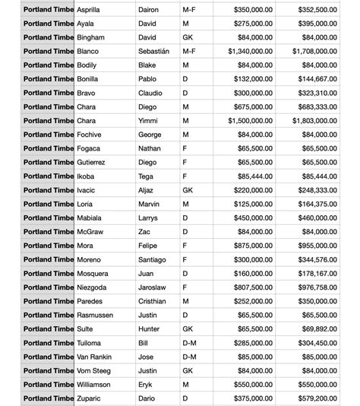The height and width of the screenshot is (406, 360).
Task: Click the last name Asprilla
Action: [93, 10]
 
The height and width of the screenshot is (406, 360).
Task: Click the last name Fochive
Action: [92, 135]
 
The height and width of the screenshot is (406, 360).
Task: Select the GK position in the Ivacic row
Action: [188, 190]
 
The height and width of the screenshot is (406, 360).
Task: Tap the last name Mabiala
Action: [93, 217]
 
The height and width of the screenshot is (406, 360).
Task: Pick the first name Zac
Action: [144, 232]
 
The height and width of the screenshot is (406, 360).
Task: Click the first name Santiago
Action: [153, 259]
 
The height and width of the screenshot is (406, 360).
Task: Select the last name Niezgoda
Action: [96, 287]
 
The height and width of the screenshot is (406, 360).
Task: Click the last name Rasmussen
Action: [99, 315]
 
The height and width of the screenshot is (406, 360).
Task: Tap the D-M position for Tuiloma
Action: [190, 343]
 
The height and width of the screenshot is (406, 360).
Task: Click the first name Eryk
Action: [146, 384]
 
